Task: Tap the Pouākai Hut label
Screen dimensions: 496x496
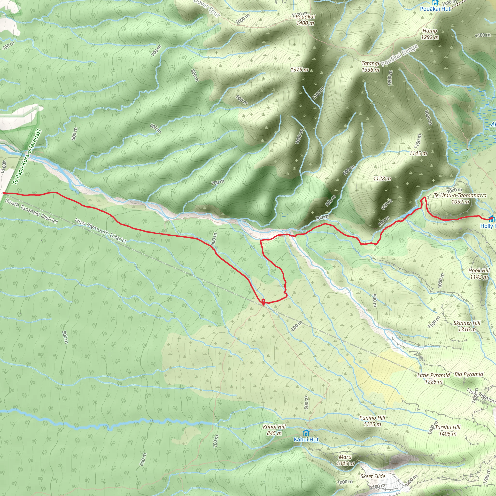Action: (x=435, y=9)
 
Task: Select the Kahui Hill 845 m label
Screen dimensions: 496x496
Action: (x=274, y=430)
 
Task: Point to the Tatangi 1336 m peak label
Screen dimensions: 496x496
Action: (x=370, y=67)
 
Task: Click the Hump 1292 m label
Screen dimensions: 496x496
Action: (x=430, y=34)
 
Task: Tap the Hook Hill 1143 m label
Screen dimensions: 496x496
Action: (x=479, y=273)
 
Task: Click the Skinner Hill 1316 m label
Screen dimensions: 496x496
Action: (x=467, y=326)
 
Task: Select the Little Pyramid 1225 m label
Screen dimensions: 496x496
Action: (x=433, y=379)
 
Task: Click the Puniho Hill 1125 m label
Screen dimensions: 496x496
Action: (x=372, y=421)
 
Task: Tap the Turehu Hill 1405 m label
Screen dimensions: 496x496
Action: (x=448, y=430)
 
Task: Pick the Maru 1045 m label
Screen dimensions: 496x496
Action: (x=345, y=460)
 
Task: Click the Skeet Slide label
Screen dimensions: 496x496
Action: (x=372, y=476)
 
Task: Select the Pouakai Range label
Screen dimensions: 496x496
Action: (x=399, y=55)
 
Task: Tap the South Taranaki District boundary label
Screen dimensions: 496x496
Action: (x=31, y=211)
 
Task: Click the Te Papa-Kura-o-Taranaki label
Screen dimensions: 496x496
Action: (x=27, y=157)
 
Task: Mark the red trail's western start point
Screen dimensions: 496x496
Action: (x=4, y=193)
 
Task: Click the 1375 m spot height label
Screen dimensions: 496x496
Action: (x=299, y=70)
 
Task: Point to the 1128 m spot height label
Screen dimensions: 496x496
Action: (x=382, y=178)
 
